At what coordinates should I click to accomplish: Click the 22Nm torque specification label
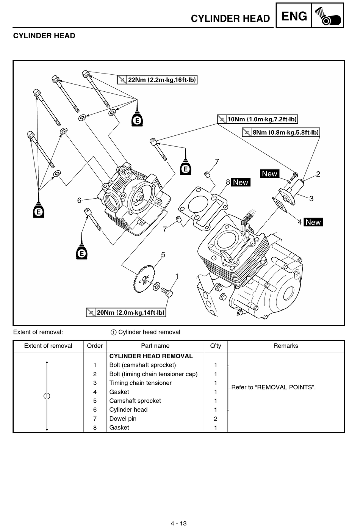(x=157, y=80)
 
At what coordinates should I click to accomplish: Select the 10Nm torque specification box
(x=257, y=119)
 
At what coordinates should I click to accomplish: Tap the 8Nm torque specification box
(x=281, y=132)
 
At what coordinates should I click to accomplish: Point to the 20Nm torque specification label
(x=126, y=312)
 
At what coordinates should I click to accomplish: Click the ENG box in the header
(x=294, y=16)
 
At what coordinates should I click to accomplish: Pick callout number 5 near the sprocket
(x=163, y=255)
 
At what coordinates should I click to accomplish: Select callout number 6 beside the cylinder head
(x=79, y=201)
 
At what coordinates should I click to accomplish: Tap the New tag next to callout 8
(x=241, y=182)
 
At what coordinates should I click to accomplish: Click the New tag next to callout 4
(x=313, y=222)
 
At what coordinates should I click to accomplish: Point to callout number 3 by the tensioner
(x=311, y=199)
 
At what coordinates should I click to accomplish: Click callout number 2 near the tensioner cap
(x=318, y=174)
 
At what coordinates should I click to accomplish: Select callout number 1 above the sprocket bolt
(x=177, y=276)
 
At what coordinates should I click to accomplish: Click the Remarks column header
(x=286, y=346)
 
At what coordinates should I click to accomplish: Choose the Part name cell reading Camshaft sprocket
(x=135, y=401)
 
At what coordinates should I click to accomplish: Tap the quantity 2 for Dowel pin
(x=216, y=419)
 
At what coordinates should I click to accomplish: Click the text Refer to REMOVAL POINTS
(x=274, y=387)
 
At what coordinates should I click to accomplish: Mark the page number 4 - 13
(x=178, y=523)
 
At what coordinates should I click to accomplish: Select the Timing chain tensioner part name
(x=140, y=383)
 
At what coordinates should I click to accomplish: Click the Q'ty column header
(x=216, y=346)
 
